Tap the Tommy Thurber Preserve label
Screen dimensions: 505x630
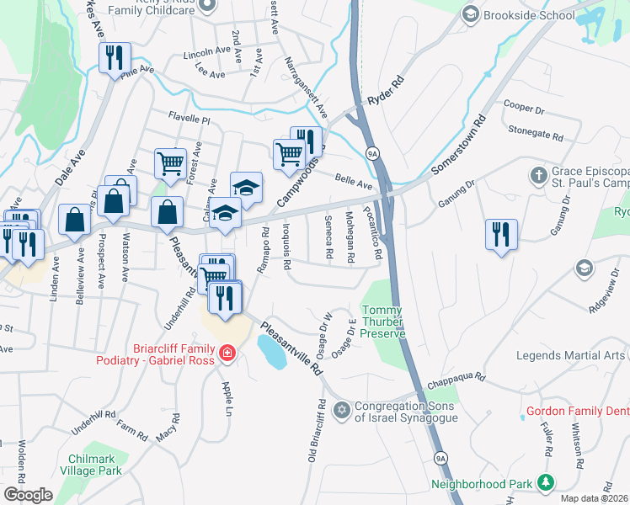384,322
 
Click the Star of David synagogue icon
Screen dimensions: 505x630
341,410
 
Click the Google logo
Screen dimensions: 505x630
28,495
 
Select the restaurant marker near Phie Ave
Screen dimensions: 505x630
114,58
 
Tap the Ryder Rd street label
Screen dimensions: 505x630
387,94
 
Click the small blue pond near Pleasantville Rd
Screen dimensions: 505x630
271,353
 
